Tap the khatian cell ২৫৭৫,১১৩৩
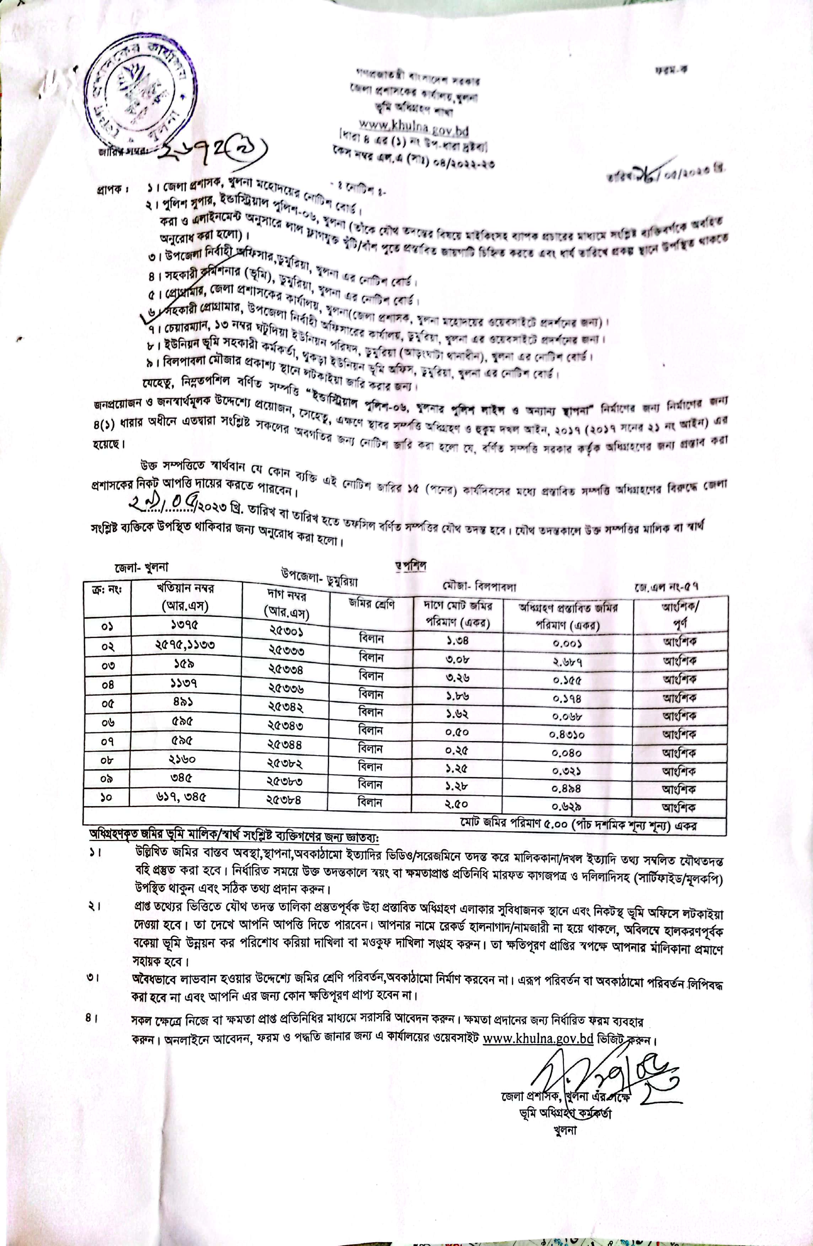pos(185,645)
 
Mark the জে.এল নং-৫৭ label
pos(667,587)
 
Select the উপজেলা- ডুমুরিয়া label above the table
pos(319,575)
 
